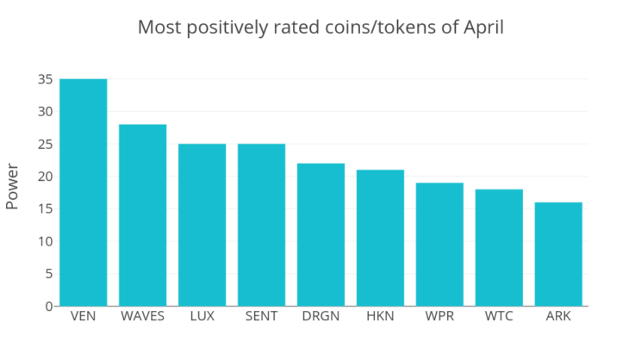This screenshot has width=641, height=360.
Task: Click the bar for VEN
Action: tap(84, 192)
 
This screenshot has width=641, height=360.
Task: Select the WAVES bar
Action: tap(143, 215)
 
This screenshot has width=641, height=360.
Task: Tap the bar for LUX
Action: tap(202, 225)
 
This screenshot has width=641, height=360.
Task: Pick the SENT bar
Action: tap(262, 225)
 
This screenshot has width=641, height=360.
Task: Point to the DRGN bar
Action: tap(320, 234)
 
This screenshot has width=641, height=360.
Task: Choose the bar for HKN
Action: tap(380, 238)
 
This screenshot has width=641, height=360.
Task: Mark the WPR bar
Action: tap(440, 245)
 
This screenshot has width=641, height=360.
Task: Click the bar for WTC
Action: tap(499, 248)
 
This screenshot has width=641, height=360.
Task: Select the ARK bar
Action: tap(558, 254)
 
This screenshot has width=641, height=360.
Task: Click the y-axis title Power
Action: tap(12, 186)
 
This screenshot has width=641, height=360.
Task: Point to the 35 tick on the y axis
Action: tap(46, 79)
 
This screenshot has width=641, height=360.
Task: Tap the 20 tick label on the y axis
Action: tap(46, 177)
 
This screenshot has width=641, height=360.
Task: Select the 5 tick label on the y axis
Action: tap(49, 274)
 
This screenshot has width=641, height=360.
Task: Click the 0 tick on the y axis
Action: tap(49, 307)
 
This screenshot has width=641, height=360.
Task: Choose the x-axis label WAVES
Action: tap(143, 316)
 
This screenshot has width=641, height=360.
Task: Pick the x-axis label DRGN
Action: tap(320, 316)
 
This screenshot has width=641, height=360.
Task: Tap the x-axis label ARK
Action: tap(558, 316)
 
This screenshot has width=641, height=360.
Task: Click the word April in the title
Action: tap(483, 28)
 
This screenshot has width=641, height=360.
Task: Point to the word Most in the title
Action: tap(160, 28)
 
